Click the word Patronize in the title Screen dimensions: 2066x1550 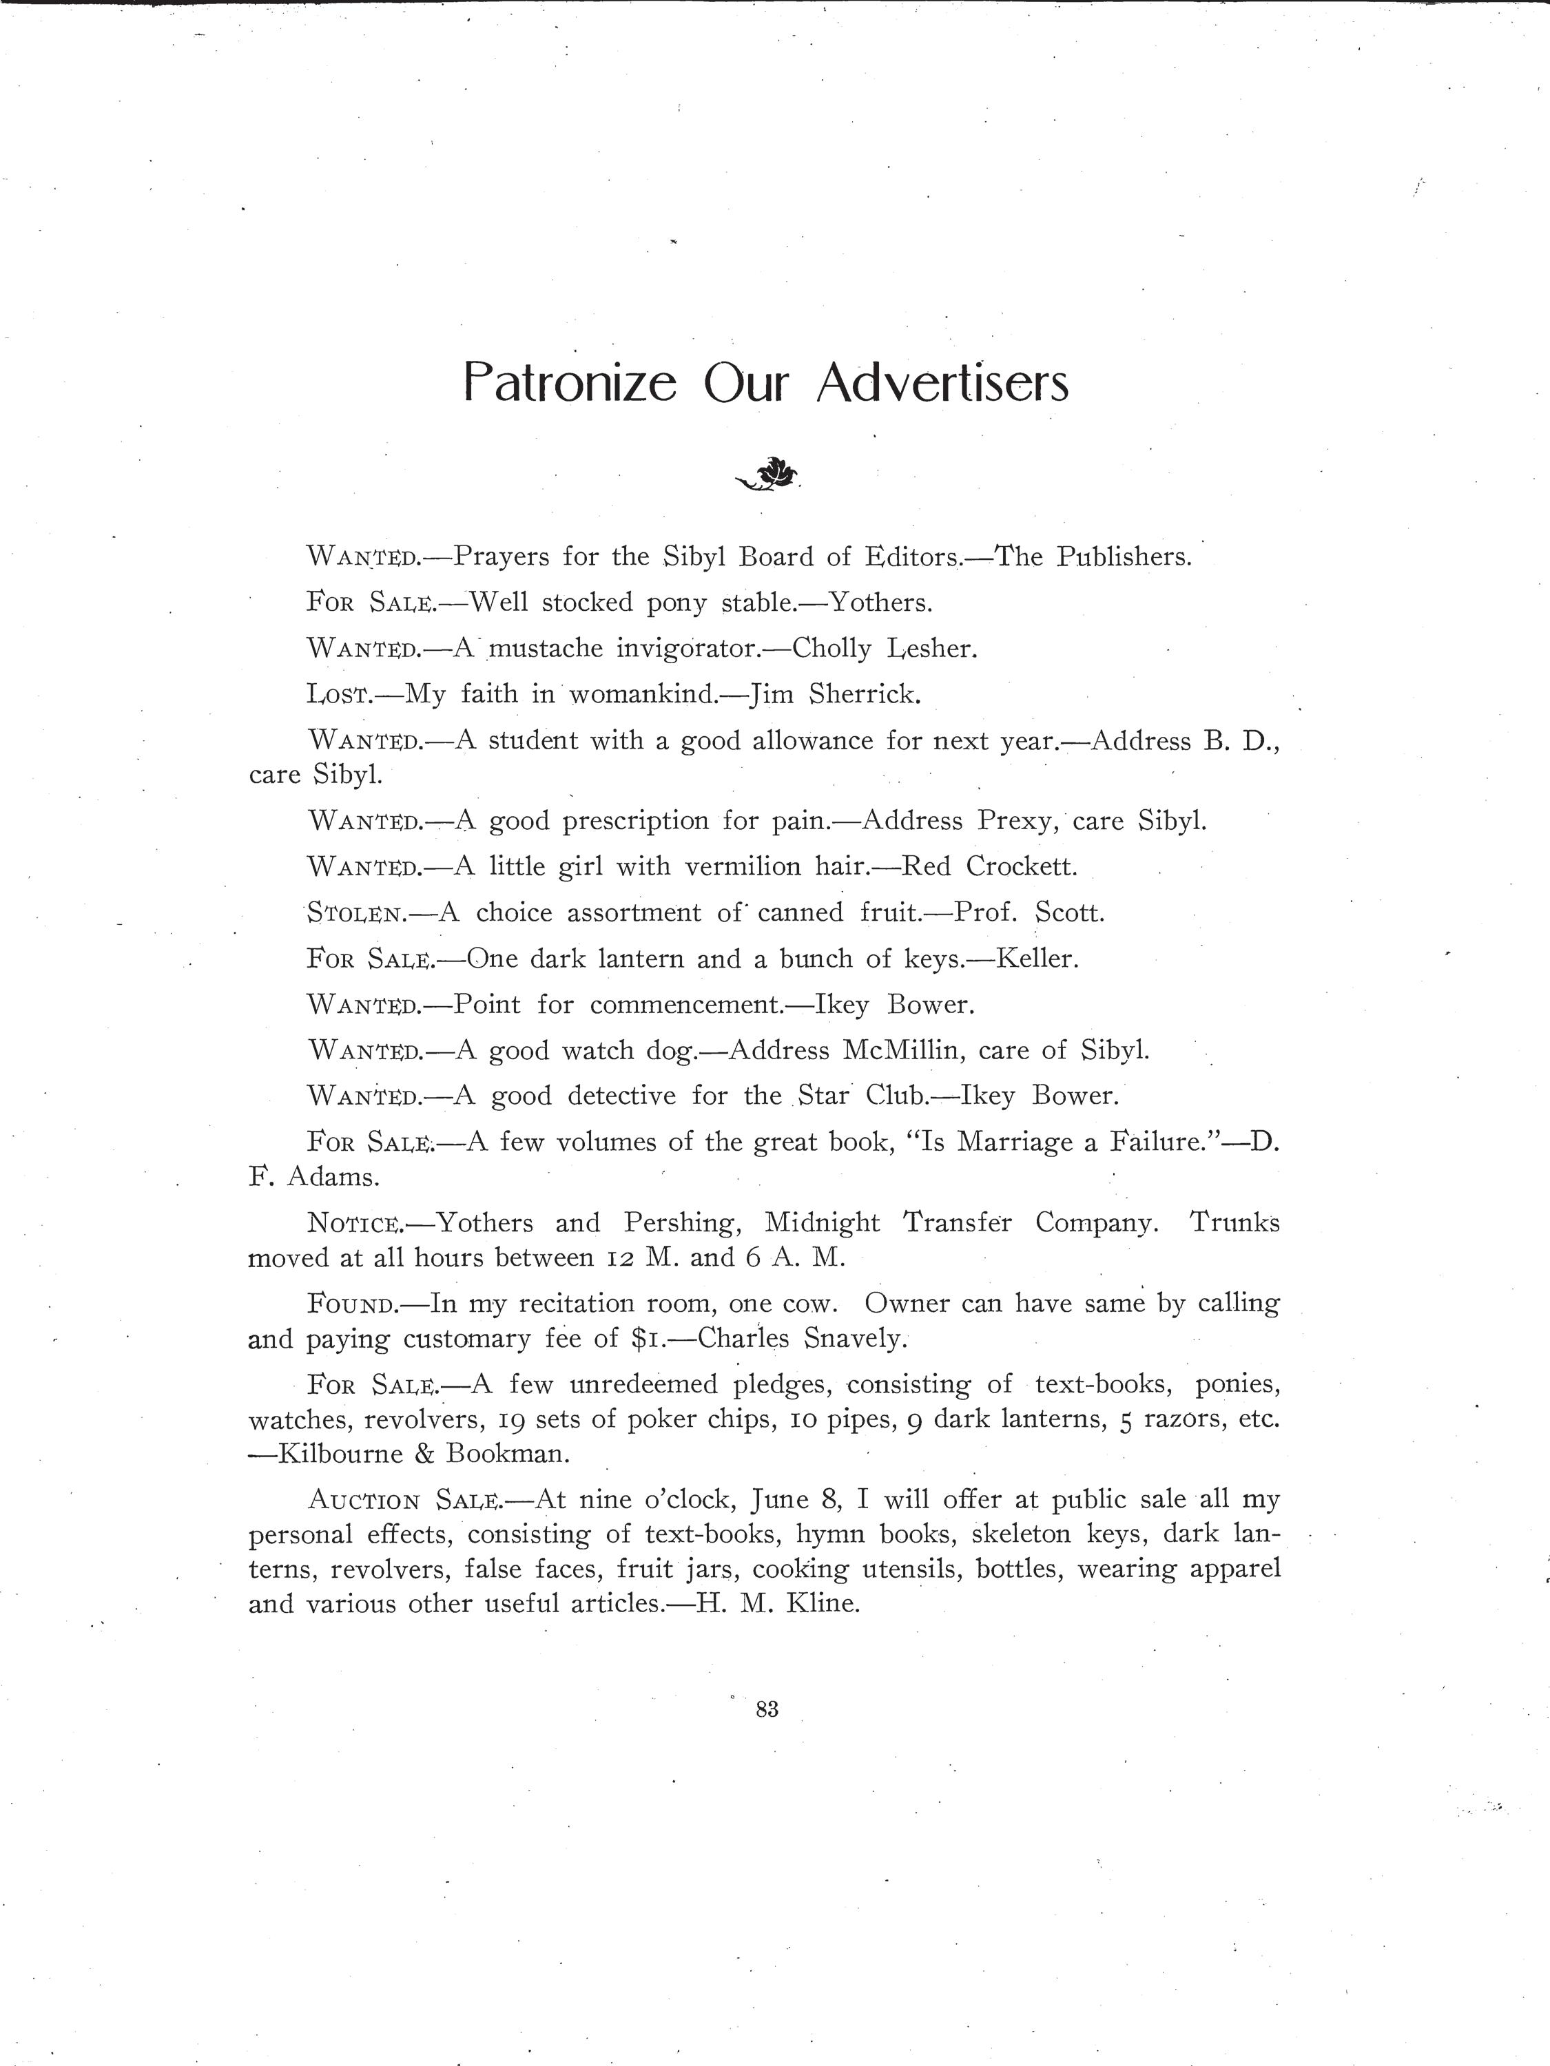(569, 384)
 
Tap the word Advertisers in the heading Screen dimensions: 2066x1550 (942, 384)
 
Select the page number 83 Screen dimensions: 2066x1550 (767, 1709)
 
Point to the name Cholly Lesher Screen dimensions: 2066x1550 (884, 648)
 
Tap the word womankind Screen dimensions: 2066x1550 (642, 694)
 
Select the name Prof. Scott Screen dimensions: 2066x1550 (1029, 912)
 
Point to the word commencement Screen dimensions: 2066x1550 (685, 1005)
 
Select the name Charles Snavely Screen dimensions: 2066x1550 (802, 1338)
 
